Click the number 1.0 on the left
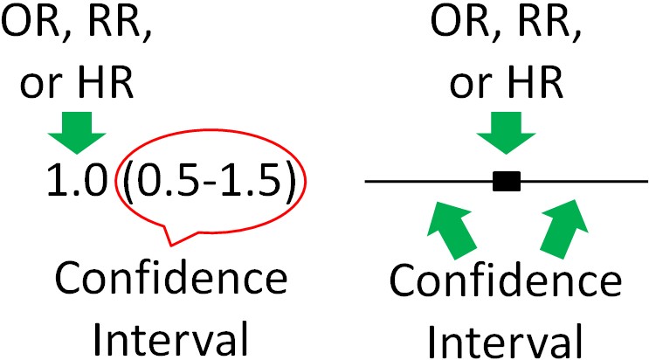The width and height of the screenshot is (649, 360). coord(77,181)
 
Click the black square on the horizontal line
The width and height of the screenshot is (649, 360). coord(507,182)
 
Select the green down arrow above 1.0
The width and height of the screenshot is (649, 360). coord(77,133)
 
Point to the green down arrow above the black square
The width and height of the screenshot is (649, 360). coord(507,133)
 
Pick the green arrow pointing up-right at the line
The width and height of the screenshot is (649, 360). coord(564,228)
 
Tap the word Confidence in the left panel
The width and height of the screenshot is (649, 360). coord(171,279)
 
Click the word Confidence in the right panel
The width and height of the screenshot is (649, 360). coord(506,280)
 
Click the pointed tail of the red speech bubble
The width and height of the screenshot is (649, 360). coord(170,246)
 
